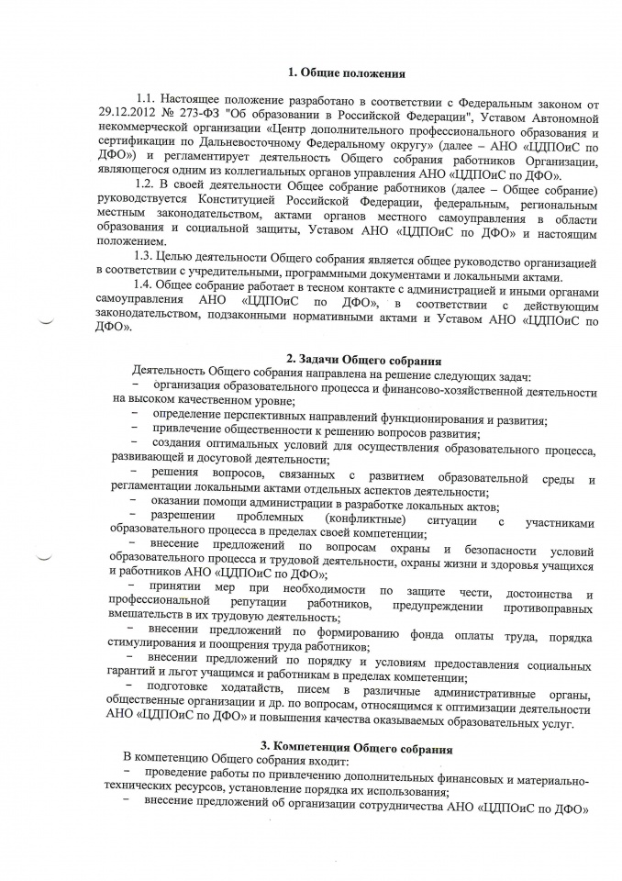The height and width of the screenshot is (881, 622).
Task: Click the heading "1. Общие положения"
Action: [346, 72]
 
